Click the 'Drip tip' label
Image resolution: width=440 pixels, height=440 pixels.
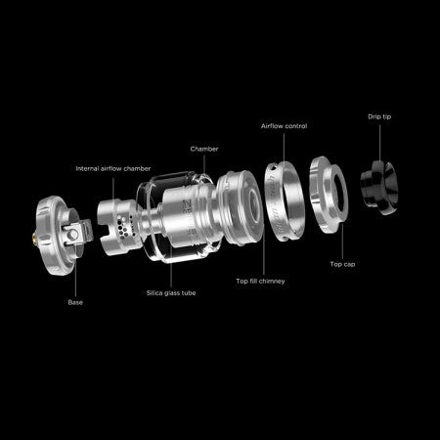[379, 116]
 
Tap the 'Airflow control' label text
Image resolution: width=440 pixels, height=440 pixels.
[284, 126]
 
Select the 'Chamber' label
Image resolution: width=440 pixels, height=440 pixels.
[204, 149]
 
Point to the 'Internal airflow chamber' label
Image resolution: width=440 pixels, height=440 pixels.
[113, 168]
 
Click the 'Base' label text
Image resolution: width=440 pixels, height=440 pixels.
[75, 302]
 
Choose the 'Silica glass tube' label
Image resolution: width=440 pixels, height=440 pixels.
[171, 293]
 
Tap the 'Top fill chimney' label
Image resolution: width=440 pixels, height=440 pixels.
[260, 281]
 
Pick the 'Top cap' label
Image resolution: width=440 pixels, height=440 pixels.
[342, 264]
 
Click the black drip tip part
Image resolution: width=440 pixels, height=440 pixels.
[379, 188]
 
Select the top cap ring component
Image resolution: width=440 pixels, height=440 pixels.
[329, 195]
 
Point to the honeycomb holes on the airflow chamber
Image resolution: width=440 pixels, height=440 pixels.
[122, 226]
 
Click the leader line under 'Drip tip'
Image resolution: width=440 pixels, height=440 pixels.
[379, 143]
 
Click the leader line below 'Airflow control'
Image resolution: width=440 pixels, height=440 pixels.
[284, 149]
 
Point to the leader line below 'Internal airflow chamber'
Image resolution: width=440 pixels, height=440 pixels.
[113, 189]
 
